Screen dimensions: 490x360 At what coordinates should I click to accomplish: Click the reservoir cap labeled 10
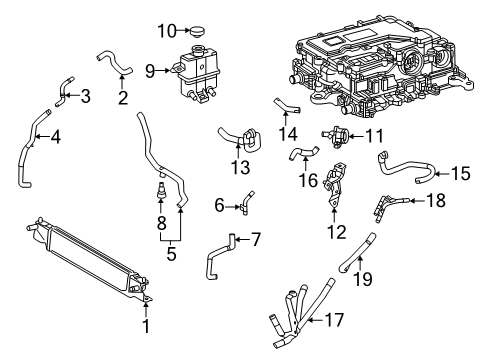pyautogui.click(x=197, y=33)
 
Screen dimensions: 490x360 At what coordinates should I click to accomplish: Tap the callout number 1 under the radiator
pyautogui.click(x=146, y=326)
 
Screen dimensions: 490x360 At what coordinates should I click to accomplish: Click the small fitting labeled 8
pyautogui.click(x=161, y=191)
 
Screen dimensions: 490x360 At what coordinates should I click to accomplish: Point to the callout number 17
pyautogui.click(x=334, y=320)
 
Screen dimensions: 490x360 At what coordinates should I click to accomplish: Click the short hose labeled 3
pyautogui.click(x=63, y=92)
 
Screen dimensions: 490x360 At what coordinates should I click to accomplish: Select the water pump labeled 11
pyautogui.click(x=336, y=136)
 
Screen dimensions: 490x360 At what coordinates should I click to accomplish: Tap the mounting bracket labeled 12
pyautogui.click(x=334, y=184)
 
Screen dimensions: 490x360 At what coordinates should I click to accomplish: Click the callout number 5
pyautogui.click(x=171, y=254)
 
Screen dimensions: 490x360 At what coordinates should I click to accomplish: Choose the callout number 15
pyautogui.click(x=461, y=173)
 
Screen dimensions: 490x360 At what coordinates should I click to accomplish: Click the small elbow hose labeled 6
pyautogui.click(x=246, y=203)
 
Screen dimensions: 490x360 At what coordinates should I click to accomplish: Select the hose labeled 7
pyautogui.click(x=218, y=257)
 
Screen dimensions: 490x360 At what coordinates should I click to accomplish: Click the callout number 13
pyautogui.click(x=241, y=167)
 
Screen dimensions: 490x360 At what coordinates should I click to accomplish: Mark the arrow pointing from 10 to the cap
pyautogui.click(x=183, y=31)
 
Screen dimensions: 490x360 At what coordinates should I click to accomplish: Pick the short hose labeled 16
pyautogui.click(x=303, y=152)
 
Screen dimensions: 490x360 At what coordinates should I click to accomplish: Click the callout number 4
pyautogui.click(x=56, y=137)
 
